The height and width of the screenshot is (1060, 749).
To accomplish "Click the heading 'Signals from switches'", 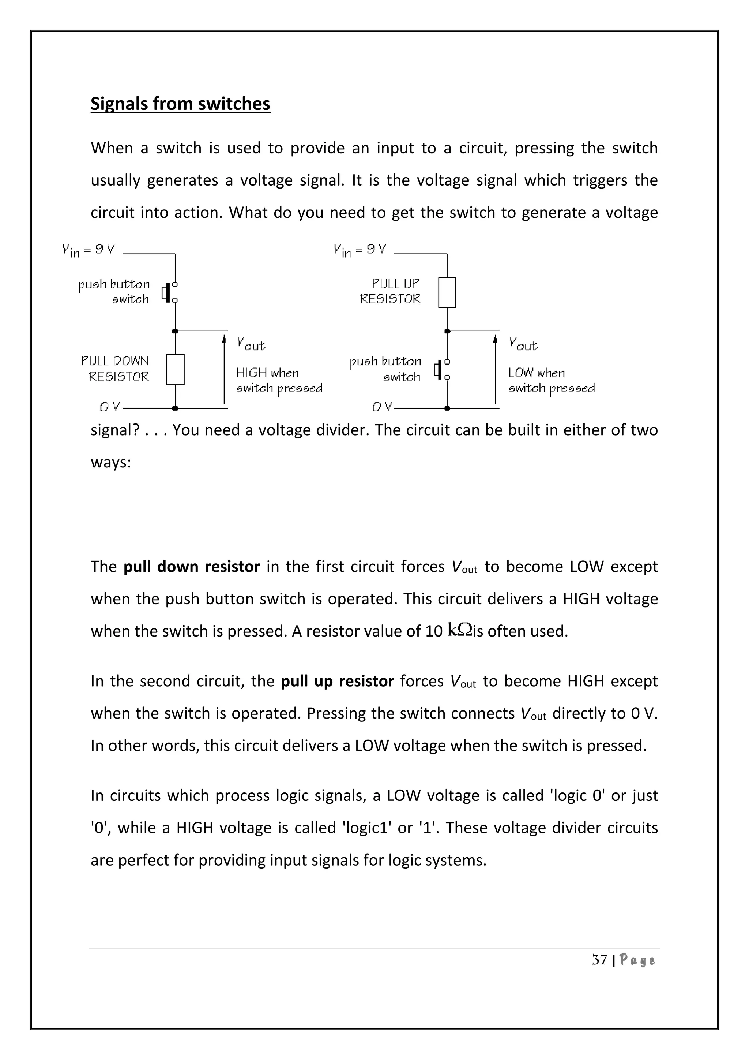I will pos(180,104).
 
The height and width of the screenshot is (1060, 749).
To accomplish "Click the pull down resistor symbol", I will pos(175,369).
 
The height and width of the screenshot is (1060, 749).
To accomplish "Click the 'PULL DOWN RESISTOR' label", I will pos(115,369).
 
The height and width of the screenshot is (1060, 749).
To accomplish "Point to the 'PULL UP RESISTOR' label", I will pos(391,291).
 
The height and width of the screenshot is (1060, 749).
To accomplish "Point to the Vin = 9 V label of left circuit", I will pos(88,250).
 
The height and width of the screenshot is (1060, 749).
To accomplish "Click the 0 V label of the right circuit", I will pos(382,407).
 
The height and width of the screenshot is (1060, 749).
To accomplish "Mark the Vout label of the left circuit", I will pos(251,344).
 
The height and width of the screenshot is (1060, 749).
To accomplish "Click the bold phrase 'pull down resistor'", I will pos(191,567).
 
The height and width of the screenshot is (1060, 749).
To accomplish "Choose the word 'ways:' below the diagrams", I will pos(111,462).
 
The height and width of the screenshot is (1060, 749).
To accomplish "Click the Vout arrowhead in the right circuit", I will pos(495,339).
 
